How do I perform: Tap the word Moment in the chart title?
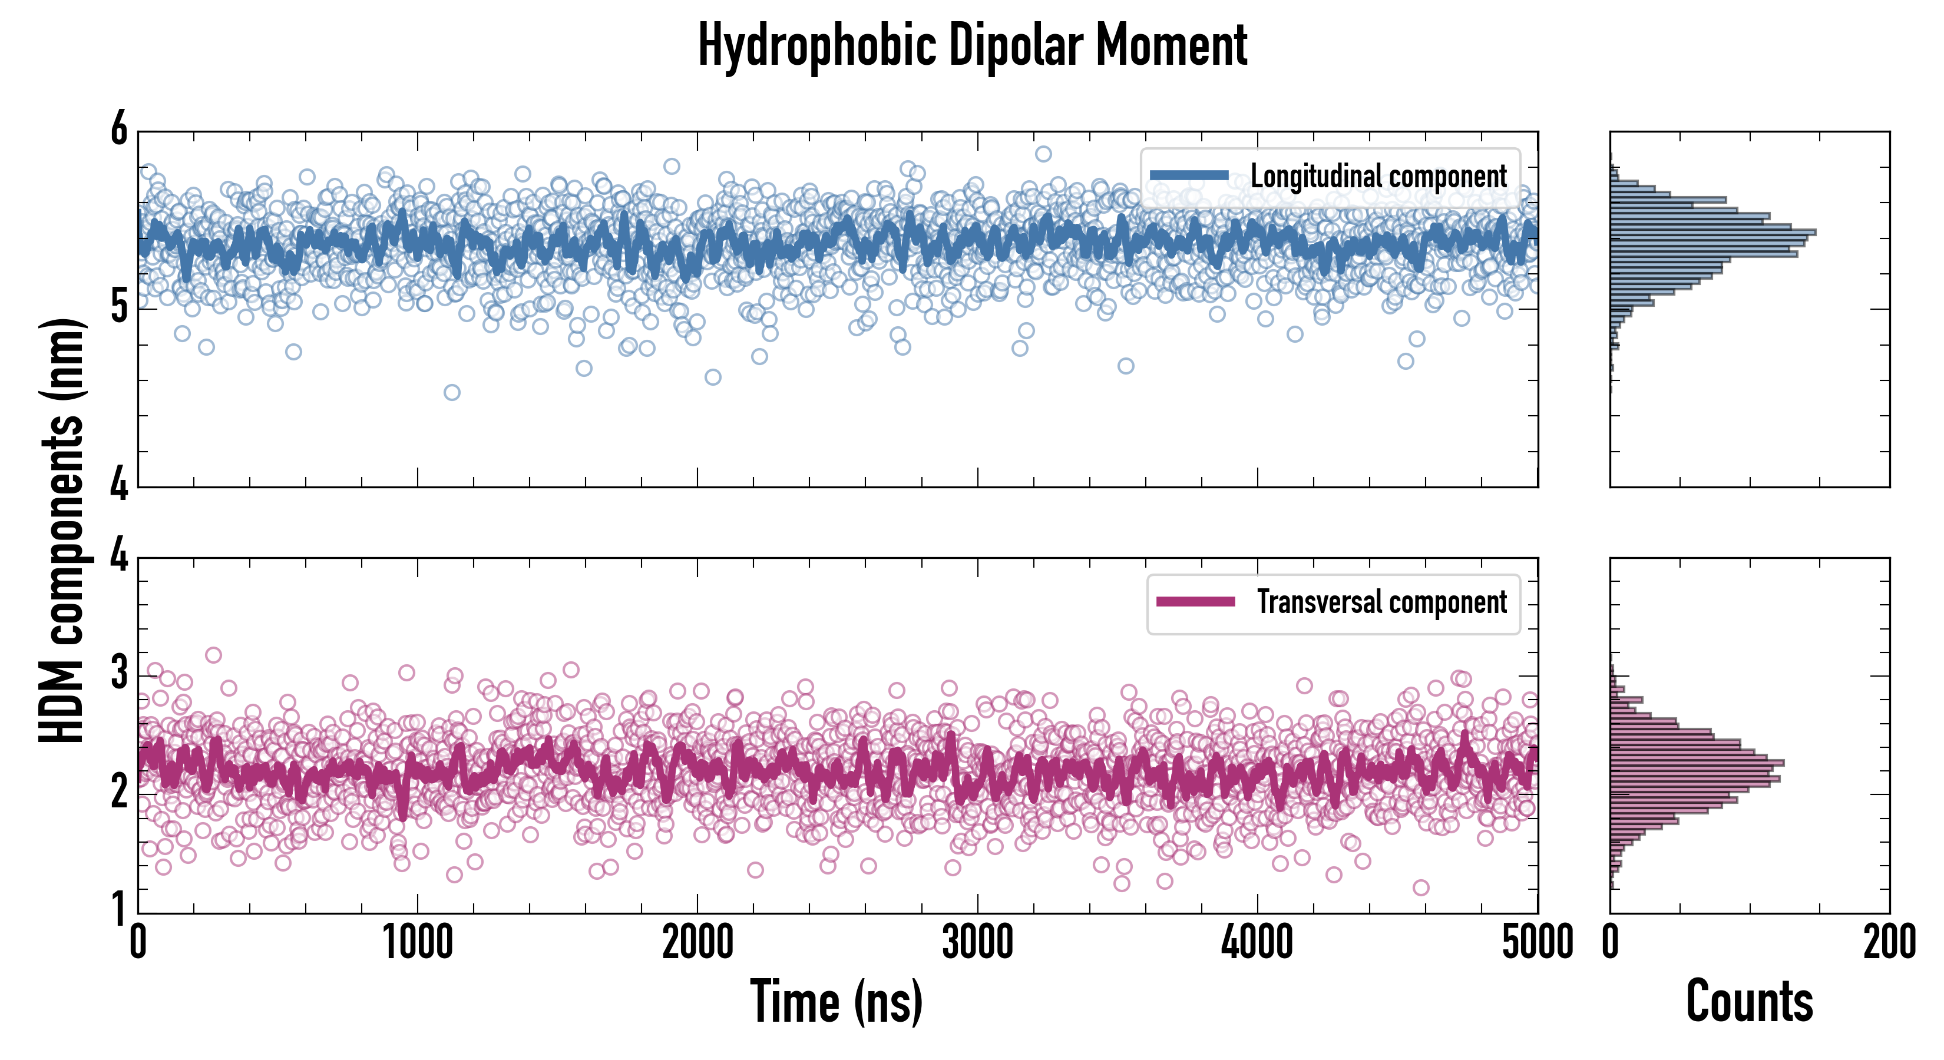pyautogui.click(x=1171, y=45)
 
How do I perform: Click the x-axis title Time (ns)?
pyautogui.click(x=836, y=1001)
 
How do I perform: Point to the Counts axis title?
pyautogui.click(x=1749, y=1001)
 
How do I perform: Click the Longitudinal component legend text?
pyautogui.click(x=1378, y=177)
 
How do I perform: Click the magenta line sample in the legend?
pyautogui.click(x=1195, y=602)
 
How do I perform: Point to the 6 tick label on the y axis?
pyautogui.click(x=119, y=130)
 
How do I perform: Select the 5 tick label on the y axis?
pyautogui.click(x=119, y=307)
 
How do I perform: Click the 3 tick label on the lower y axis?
pyautogui.click(x=119, y=673)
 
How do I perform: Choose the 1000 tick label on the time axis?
pyautogui.click(x=417, y=943)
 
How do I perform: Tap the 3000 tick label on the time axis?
pyautogui.click(x=977, y=943)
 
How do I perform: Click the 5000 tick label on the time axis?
pyautogui.click(x=1536, y=943)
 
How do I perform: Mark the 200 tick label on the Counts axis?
pyautogui.click(x=1889, y=943)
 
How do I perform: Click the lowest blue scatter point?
pyautogui.click(x=451, y=392)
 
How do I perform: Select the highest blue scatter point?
pyautogui.click(x=1043, y=154)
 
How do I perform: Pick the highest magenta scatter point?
pyautogui.click(x=214, y=655)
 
